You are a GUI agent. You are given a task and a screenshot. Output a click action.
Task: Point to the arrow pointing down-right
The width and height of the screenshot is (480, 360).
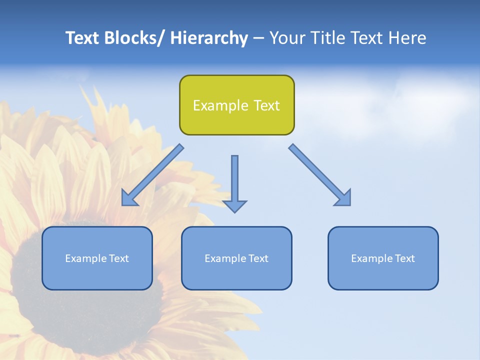[x=320, y=175]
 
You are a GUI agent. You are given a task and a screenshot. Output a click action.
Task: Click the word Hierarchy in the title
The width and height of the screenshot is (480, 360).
[x=209, y=38]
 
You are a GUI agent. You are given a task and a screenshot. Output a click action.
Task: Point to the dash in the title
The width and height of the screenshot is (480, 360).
[x=258, y=38]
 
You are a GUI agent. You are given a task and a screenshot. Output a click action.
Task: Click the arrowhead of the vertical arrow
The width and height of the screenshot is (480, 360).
[x=234, y=206]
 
